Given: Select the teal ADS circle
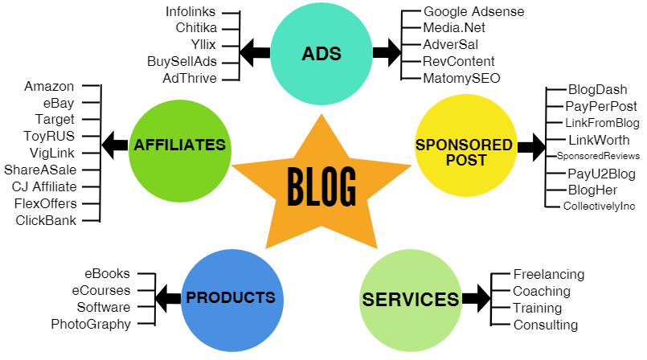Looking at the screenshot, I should point(321,55).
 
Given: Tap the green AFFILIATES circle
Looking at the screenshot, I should point(179,145).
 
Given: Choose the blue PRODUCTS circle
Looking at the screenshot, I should point(231,298).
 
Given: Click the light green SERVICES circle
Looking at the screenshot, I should point(410,299).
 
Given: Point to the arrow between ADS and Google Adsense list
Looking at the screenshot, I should point(387,54).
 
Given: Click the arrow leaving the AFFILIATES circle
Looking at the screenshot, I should point(115,145).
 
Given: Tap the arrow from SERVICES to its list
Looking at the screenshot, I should point(476,299).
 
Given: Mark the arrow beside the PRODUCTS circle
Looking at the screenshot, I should point(167,298).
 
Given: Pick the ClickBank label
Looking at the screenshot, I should point(46,220).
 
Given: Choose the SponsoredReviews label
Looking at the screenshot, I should point(598,156).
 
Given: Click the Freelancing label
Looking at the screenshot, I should point(549,275).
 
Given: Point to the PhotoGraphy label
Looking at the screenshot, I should point(90,325).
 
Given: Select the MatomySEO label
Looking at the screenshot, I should point(461,78).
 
